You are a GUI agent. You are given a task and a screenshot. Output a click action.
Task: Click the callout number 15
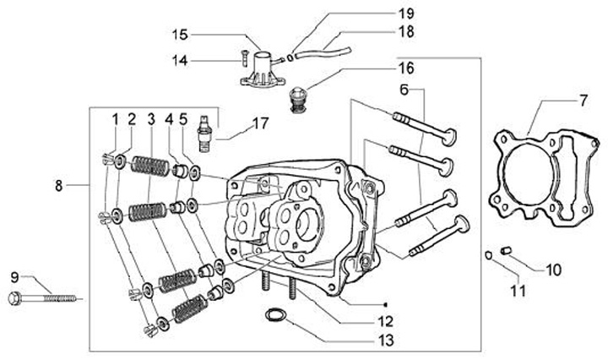(180, 35)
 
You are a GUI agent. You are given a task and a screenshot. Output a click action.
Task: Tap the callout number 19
(406, 14)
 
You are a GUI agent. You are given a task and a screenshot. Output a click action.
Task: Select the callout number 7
(584, 101)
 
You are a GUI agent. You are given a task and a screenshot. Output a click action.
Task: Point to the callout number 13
(385, 341)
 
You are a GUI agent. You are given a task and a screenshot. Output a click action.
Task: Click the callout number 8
(58, 186)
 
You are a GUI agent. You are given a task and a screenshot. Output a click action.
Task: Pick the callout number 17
(260, 123)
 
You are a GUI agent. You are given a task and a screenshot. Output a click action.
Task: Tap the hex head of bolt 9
(14, 298)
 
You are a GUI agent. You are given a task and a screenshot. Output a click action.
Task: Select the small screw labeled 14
(243, 57)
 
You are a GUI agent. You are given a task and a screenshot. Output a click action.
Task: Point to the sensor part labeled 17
(204, 133)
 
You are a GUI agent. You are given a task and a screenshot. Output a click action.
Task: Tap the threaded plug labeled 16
(298, 101)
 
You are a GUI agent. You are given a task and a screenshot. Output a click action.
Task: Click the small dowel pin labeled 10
(504, 250)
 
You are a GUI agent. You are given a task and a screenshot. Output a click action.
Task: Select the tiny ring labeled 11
(489, 255)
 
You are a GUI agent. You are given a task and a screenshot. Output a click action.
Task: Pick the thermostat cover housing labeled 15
(263, 68)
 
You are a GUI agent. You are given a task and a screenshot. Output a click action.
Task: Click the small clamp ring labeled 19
(290, 58)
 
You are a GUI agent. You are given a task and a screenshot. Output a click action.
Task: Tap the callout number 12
(385, 321)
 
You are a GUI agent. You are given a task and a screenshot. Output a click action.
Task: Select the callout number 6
(404, 90)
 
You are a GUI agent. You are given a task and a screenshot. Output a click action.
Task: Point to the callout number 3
(151, 119)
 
